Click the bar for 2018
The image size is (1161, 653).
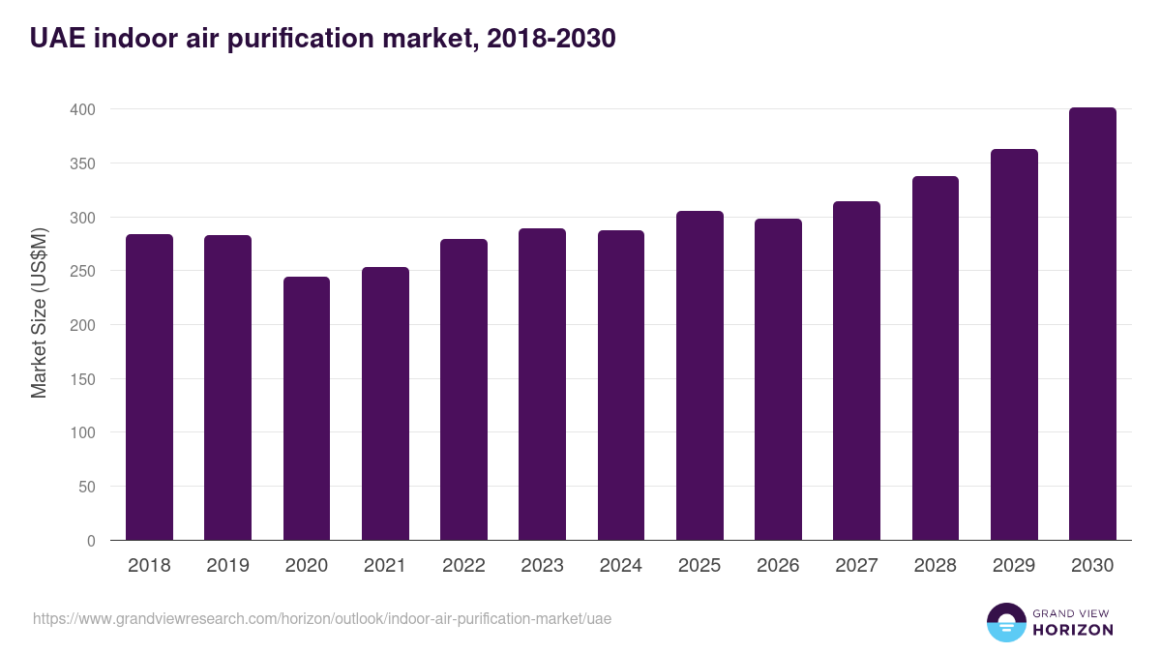tap(149, 387)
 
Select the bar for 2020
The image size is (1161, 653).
tap(307, 408)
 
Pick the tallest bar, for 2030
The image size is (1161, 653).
tap(1092, 324)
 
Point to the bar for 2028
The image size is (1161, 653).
tap(936, 358)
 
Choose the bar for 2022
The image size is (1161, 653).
tap(463, 390)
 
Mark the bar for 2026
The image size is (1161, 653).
tap(778, 379)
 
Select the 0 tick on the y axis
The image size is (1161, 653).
tap(91, 541)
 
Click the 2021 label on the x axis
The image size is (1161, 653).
tap(385, 566)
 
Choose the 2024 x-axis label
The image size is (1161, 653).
tap(620, 566)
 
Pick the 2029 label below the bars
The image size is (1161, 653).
tap(1014, 566)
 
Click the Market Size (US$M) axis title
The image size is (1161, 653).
tap(39, 312)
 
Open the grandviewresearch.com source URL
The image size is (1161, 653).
tap(322, 618)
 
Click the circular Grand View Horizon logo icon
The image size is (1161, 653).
tap(1005, 622)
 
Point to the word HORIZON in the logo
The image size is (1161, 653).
tap(1073, 630)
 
